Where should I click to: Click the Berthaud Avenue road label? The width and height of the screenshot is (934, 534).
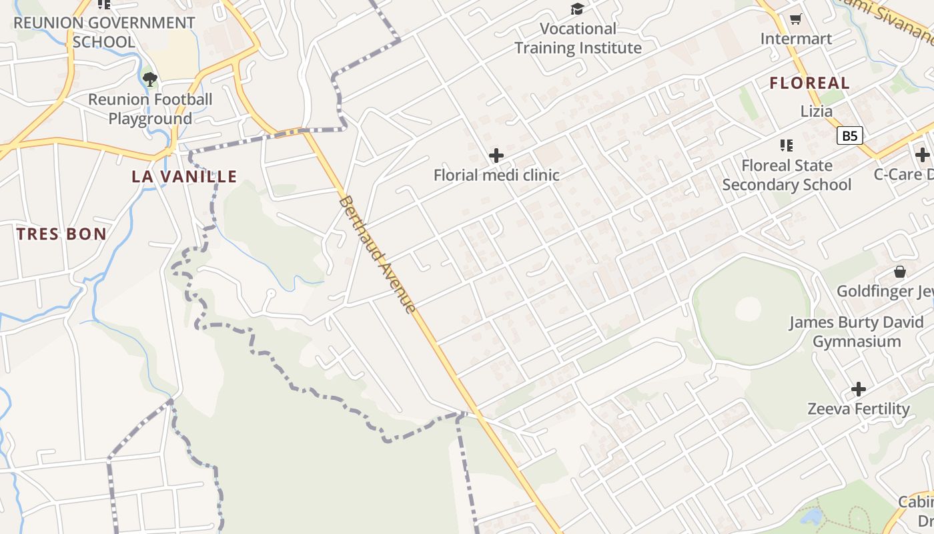pyautogui.click(x=378, y=254)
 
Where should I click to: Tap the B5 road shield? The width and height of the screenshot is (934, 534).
pyautogui.click(x=849, y=136)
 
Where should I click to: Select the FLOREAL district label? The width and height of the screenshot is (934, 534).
pyautogui.click(x=810, y=83)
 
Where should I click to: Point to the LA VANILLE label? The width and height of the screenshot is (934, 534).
pyautogui.click(x=184, y=177)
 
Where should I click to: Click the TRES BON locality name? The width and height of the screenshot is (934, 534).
pyautogui.click(x=61, y=234)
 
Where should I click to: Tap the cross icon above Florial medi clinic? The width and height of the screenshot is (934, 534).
pyautogui.click(x=496, y=156)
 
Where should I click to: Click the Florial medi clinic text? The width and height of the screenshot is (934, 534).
pyautogui.click(x=496, y=176)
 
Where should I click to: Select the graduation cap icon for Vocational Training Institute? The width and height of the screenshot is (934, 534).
pyautogui.click(x=577, y=9)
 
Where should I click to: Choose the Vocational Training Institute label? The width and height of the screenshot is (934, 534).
pyautogui.click(x=578, y=39)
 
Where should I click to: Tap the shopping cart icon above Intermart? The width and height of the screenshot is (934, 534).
pyautogui.click(x=795, y=19)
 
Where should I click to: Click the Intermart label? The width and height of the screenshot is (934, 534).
pyautogui.click(x=796, y=39)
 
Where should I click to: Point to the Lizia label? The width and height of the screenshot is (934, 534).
pyautogui.click(x=817, y=111)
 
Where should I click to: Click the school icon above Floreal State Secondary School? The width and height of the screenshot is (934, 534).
pyautogui.click(x=787, y=145)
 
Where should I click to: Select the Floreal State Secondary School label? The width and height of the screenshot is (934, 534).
pyautogui.click(x=787, y=175)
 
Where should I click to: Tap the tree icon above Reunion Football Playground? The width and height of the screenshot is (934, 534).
pyautogui.click(x=150, y=79)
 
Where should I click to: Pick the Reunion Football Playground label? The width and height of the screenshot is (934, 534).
pyautogui.click(x=150, y=109)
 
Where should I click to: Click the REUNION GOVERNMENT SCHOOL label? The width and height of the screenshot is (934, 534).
pyautogui.click(x=104, y=32)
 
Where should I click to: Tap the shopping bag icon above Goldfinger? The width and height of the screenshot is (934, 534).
pyautogui.click(x=900, y=272)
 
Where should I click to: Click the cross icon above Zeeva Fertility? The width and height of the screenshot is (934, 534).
pyautogui.click(x=859, y=389)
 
